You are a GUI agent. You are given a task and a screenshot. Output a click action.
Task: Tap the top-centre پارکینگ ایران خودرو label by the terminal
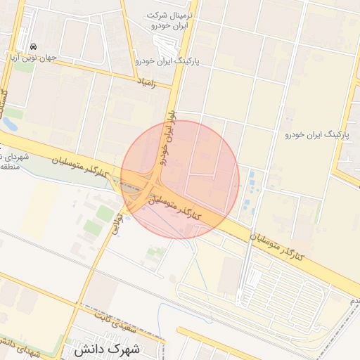click(x=169, y=62)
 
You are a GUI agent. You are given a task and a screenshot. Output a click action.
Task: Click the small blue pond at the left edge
click(x=9, y=124)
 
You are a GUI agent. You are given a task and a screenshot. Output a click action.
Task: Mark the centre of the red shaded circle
click(x=180, y=179)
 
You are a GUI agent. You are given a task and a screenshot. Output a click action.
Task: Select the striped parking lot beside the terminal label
click(x=163, y=46)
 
